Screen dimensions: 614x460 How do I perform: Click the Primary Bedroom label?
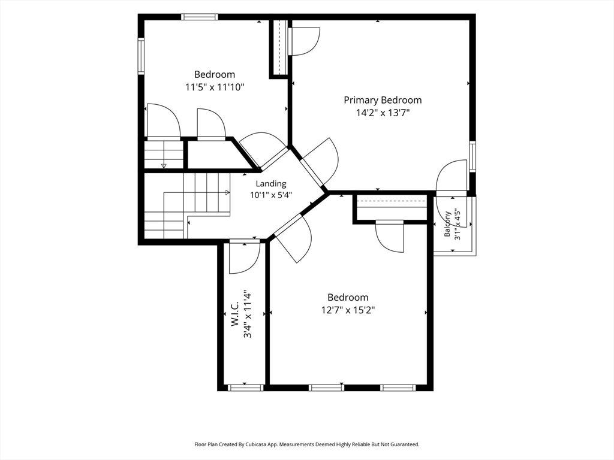tap(383, 101)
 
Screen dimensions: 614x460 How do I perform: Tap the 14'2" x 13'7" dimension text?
tap(383, 113)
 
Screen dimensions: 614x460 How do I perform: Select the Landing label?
tap(271, 184)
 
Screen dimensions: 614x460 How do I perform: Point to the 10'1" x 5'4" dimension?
tap(271, 195)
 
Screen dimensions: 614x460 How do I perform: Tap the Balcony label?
tap(447, 224)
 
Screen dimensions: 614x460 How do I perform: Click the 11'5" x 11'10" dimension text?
tap(215, 87)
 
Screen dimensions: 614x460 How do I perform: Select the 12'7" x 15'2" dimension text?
tap(348, 311)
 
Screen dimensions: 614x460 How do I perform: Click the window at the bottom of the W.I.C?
tap(245, 388)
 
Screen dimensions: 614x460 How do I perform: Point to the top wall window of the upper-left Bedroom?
tap(199, 17)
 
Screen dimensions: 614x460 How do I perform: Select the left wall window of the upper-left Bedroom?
tap(142, 55)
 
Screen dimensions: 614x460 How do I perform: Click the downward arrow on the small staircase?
tap(164, 166)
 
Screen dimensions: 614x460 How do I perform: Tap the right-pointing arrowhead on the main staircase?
tap(227, 192)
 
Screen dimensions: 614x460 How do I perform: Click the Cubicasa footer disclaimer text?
tap(307, 444)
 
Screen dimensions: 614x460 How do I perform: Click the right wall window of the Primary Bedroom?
tap(472, 156)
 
